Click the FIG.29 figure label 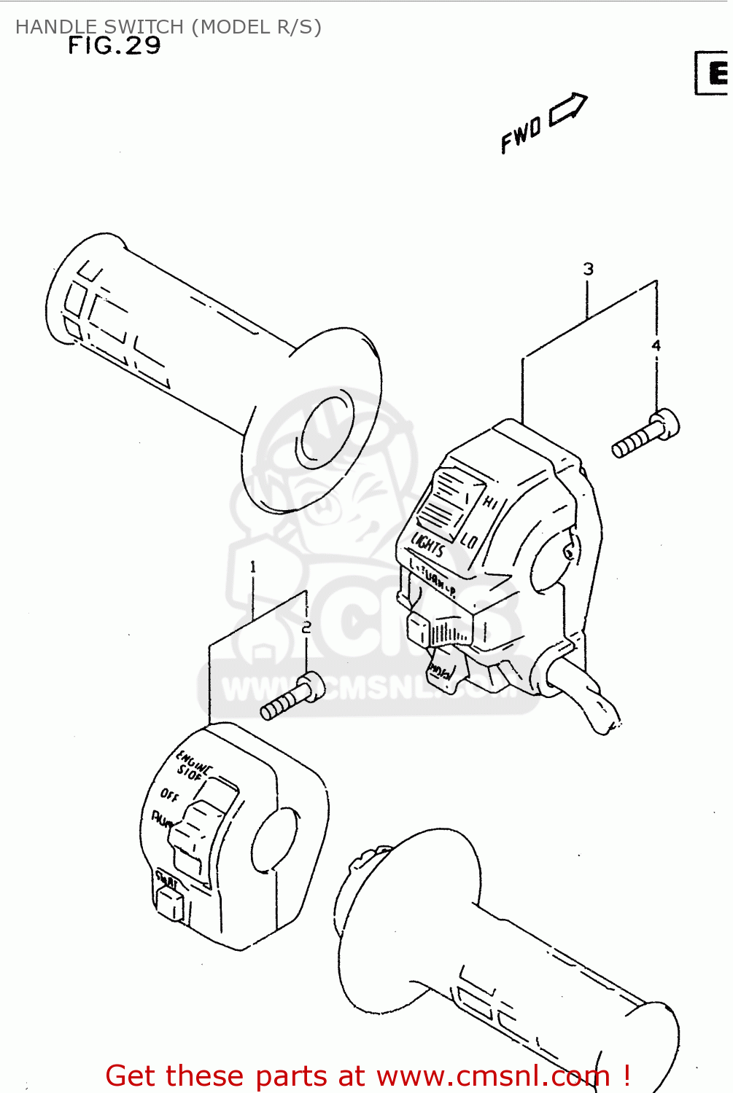(x=114, y=46)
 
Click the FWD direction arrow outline (x=567, y=109)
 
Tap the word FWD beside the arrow (x=521, y=134)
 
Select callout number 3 (x=588, y=269)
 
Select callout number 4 (x=656, y=345)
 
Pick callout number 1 (x=252, y=567)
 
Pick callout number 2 (x=306, y=627)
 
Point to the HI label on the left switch (x=490, y=502)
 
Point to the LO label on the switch (x=469, y=540)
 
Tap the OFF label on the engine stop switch (x=169, y=794)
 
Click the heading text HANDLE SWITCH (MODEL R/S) (x=168, y=27)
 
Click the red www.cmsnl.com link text (x=493, y=1076)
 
